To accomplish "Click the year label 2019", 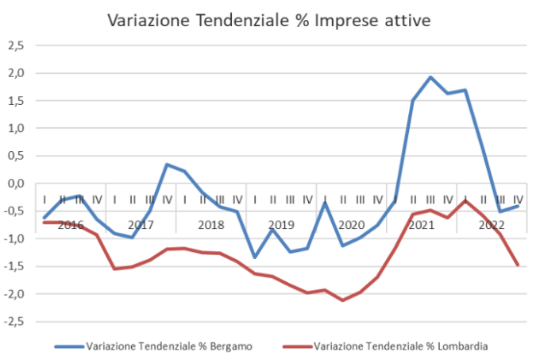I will pyautogui.click(x=281, y=224).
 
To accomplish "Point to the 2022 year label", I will pyautogui.click(x=492, y=224).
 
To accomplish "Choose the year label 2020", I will pyautogui.click(x=351, y=224).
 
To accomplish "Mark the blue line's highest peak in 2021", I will pyautogui.click(x=430, y=77).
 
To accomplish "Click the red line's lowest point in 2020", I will pyautogui.click(x=342, y=300).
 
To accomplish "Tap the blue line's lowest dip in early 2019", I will pyautogui.click(x=255, y=257).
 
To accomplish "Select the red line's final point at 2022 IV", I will pyautogui.click(x=518, y=265).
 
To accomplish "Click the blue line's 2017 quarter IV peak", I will pyautogui.click(x=167, y=165).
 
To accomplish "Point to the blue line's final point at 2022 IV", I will pyautogui.click(x=518, y=206).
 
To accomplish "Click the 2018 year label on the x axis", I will pyautogui.click(x=210, y=224).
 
